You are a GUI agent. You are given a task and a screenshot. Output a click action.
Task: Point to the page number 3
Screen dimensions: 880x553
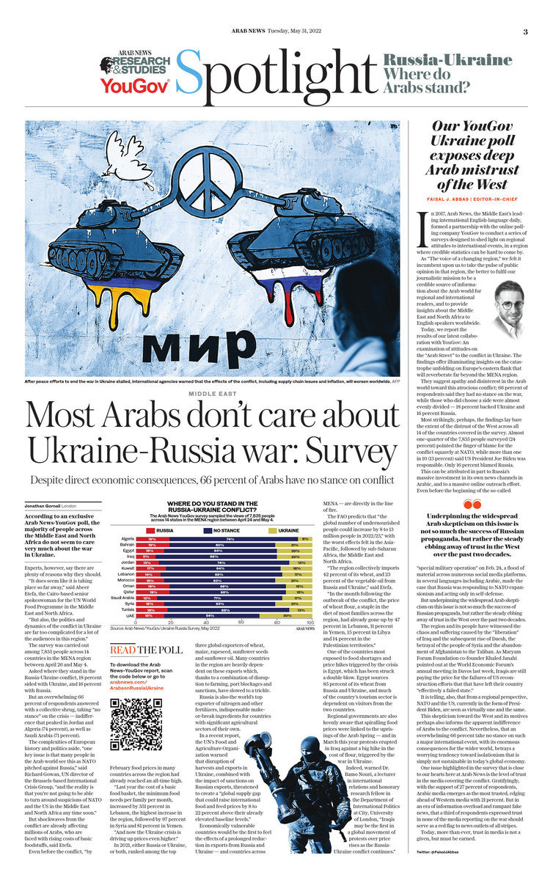[x=525, y=32]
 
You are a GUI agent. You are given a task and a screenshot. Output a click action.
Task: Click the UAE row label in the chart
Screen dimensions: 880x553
[x=128, y=615]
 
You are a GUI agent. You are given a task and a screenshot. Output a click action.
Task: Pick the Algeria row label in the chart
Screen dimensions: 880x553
[x=125, y=539]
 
